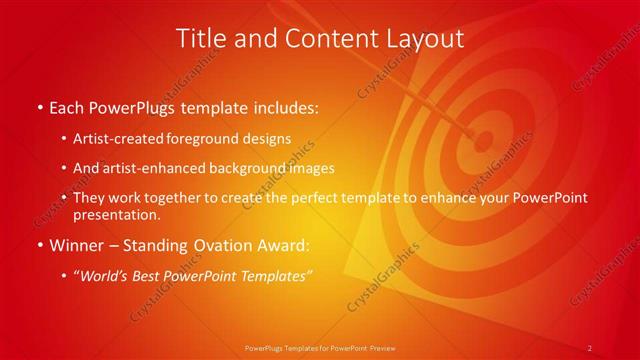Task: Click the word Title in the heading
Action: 201,40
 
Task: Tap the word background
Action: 268,168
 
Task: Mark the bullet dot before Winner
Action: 39,244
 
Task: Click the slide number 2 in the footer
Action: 590,348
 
